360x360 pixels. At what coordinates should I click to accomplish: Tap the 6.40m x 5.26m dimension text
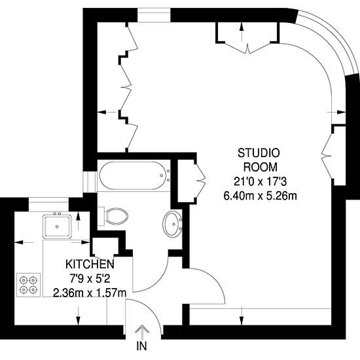click(x=261, y=195)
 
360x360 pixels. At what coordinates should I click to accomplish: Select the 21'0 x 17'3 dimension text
click(x=261, y=181)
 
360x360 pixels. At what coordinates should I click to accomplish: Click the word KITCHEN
click(x=90, y=264)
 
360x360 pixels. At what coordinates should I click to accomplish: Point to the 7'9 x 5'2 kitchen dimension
click(x=90, y=279)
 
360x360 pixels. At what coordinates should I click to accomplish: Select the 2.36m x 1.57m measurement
click(x=89, y=293)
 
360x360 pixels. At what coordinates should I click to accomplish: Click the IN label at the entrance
click(x=141, y=346)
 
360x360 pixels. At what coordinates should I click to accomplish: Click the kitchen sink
click(x=58, y=226)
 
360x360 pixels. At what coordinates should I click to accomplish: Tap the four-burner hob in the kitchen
click(x=28, y=283)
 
